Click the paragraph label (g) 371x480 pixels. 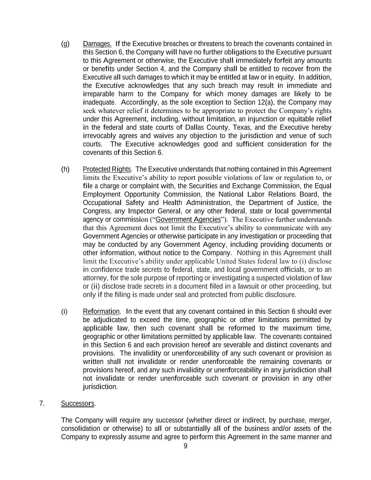[65, 44]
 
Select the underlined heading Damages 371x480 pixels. [97, 44]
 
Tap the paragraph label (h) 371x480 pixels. [65, 169]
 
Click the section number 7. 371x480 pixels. [42, 403]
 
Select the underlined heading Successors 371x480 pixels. [78, 403]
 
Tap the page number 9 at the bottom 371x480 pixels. [185, 446]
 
